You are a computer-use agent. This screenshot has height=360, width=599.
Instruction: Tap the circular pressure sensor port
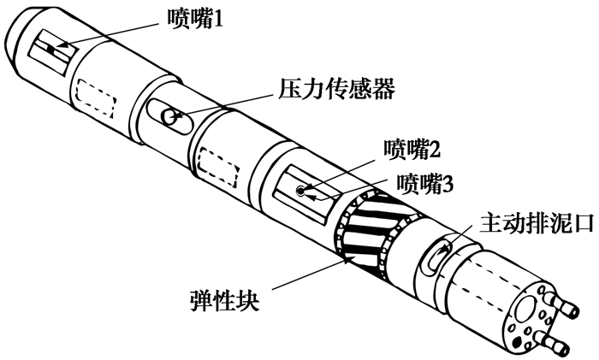(170, 115)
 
